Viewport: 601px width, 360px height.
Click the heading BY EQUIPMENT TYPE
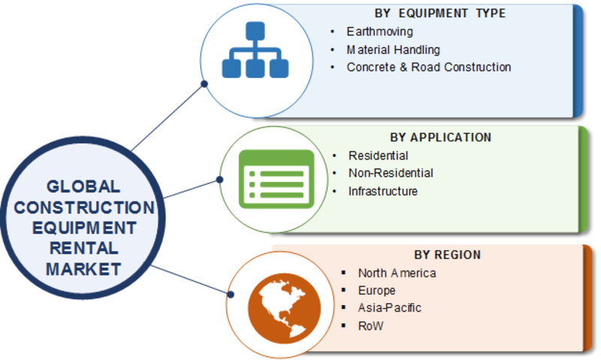440,14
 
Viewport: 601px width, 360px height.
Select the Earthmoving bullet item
379,32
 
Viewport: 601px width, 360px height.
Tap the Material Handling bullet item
393,50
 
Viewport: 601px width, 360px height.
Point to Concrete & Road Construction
428,67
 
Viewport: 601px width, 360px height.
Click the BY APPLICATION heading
441,138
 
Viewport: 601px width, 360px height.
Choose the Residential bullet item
378,156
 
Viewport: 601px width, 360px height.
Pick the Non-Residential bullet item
391,173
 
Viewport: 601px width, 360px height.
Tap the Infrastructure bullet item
382,191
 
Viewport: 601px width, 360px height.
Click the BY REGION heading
447,255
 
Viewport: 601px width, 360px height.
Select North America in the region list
397,273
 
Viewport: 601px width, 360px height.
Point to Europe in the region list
376,290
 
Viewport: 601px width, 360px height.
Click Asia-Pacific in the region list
389,307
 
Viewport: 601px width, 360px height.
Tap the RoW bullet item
370,326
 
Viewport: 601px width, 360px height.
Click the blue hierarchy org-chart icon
255,50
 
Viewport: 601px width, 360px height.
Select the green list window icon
276,179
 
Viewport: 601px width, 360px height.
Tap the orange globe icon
285,308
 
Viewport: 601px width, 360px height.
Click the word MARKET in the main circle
83,269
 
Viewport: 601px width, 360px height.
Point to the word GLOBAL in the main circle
83,186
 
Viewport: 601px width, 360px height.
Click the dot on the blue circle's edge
204,84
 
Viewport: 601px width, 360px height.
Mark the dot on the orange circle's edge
231,295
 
